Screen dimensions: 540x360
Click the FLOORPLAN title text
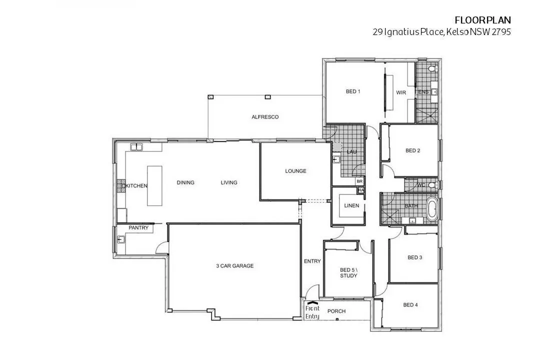[483, 20]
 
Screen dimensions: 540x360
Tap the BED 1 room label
[353, 91]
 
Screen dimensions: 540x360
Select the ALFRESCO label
[265, 117]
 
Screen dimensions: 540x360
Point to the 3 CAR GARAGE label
[235, 266]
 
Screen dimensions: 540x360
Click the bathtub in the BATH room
[432, 207]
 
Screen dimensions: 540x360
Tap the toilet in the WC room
[432, 185]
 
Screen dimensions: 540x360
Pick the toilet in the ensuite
[433, 69]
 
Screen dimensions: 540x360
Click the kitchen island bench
[154, 185]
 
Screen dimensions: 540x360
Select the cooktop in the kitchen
[121, 185]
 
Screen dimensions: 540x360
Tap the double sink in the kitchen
[136, 147]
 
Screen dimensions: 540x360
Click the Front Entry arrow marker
[311, 303]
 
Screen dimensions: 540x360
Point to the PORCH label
[336, 311]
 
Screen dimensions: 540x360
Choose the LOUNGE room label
[295, 171]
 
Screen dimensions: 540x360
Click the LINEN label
[351, 205]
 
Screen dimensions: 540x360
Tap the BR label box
[359, 181]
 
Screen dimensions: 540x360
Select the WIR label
[401, 92]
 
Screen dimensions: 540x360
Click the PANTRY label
[138, 227]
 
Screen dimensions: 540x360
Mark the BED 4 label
[410, 305]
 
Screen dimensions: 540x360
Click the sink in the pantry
[121, 238]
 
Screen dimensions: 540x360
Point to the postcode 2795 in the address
[501, 32]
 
